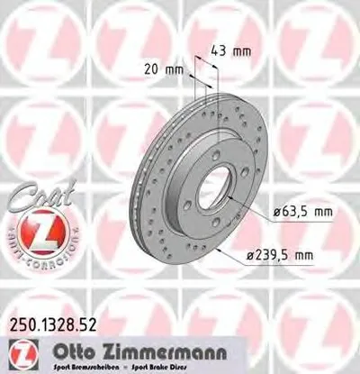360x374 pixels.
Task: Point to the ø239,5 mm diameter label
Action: pyautogui.click(x=283, y=256)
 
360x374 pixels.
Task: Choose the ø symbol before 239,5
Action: pyautogui.click(x=254, y=256)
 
